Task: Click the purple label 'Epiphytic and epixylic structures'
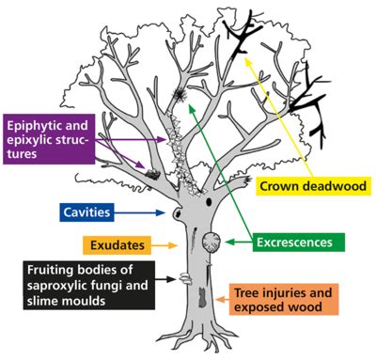pos(52,138)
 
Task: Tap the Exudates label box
pos(117,246)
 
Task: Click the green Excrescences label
pos(294,243)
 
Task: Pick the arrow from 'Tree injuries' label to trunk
pos(222,300)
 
